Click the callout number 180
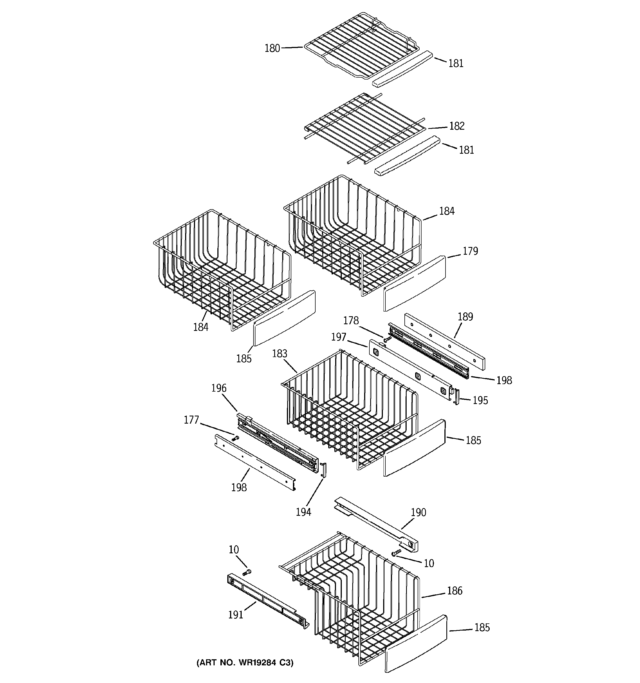(272, 49)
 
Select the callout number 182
(457, 126)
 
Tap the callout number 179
(470, 251)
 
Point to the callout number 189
(465, 317)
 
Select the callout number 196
(219, 388)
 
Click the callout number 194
(303, 512)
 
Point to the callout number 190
(418, 512)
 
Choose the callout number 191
(236, 615)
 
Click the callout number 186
(455, 591)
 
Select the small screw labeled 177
(236, 438)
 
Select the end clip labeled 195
(456, 397)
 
